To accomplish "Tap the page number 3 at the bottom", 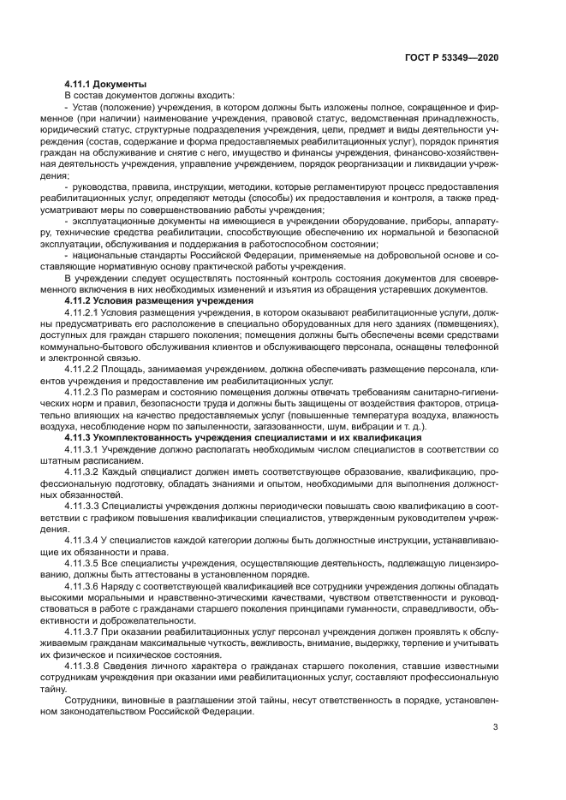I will point(496,728).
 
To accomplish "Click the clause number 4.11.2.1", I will point(84,314).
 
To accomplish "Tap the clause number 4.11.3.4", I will point(84,541).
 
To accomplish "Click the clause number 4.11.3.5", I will point(84,564).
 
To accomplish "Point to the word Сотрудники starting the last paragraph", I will point(92,700).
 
